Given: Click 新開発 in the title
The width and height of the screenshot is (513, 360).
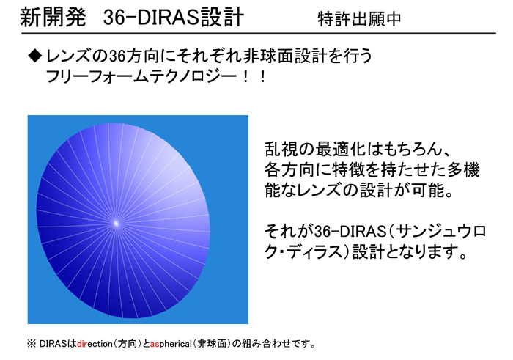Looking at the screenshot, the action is [x=53, y=17].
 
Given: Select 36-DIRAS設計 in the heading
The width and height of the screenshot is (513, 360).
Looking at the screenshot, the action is [x=174, y=17].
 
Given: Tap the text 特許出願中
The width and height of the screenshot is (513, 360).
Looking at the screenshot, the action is [x=359, y=18].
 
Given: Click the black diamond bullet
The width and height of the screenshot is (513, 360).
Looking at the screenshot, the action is [x=35, y=56].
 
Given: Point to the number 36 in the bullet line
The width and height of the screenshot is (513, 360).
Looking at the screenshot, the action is [x=117, y=56].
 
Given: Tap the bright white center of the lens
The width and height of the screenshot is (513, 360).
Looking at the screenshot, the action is [x=116, y=224].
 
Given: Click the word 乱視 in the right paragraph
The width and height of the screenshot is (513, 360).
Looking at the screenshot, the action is [x=281, y=150].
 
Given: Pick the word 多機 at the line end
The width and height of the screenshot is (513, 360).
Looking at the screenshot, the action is [x=464, y=169].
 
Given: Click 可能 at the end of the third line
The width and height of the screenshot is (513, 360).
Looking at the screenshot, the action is [x=428, y=190].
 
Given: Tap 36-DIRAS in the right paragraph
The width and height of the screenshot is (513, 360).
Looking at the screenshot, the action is [x=350, y=232].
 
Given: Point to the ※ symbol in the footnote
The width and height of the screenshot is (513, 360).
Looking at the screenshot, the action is [x=32, y=344].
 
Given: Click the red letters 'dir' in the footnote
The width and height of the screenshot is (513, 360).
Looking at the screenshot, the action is [x=82, y=344].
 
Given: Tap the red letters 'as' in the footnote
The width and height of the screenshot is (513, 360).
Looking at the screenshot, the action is [x=155, y=345].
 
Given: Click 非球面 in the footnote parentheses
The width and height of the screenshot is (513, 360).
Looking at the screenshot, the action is [x=212, y=344].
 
